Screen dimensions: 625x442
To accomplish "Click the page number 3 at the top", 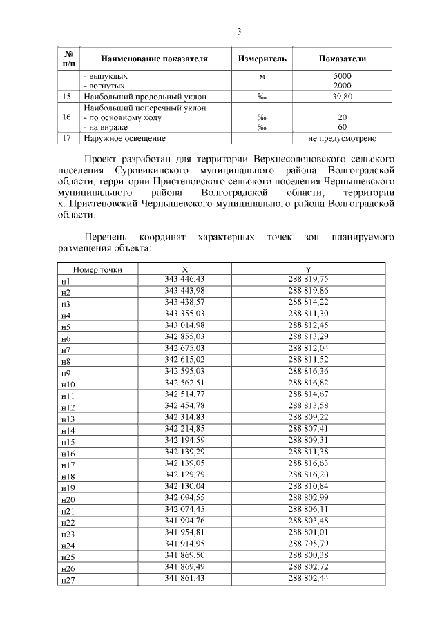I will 239,31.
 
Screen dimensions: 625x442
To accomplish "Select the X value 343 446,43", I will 185,278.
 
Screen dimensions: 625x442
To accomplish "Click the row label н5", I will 66,327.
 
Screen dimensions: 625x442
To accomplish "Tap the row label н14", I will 68,430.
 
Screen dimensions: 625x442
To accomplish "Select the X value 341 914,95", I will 185,545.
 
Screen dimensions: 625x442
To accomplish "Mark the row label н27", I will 68,581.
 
